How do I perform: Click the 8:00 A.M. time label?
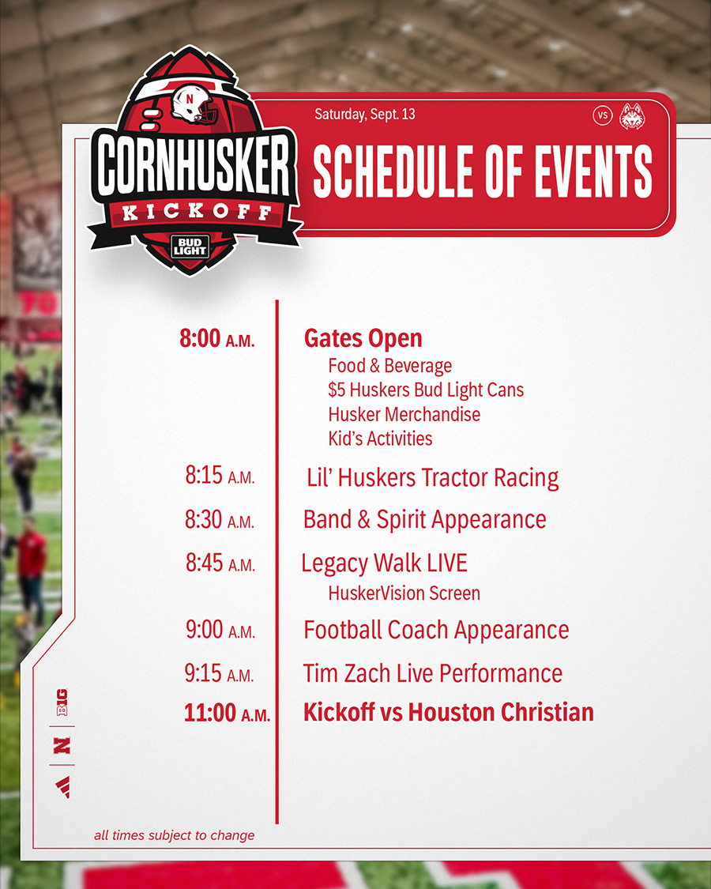pyautogui.click(x=217, y=338)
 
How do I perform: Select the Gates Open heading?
pyautogui.click(x=363, y=338)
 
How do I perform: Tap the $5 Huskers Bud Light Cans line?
pyautogui.click(x=426, y=390)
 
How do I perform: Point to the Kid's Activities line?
pyautogui.click(x=380, y=439)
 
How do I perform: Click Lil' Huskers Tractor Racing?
pyautogui.click(x=433, y=478)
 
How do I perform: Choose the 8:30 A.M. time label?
pyautogui.click(x=220, y=519)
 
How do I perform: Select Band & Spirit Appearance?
pyautogui.click(x=425, y=520)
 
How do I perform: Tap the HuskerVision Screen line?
pyautogui.click(x=404, y=593)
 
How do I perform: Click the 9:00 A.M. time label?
pyautogui.click(x=220, y=629)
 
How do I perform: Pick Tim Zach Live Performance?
pyautogui.click(x=433, y=673)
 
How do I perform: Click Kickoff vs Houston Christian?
pyautogui.click(x=449, y=712)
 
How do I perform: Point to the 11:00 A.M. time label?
pyautogui.click(x=227, y=713)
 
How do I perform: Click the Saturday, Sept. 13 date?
pyautogui.click(x=364, y=114)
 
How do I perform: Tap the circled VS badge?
pyautogui.click(x=603, y=115)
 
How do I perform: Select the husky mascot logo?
pyautogui.click(x=632, y=115)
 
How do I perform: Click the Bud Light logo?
pyautogui.click(x=190, y=247)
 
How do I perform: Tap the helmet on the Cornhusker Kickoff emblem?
pyautogui.click(x=194, y=104)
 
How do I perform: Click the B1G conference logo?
pyautogui.click(x=62, y=702)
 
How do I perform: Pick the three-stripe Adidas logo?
pyautogui.click(x=63, y=787)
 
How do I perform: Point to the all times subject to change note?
pyautogui.click(x=174, y=835)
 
